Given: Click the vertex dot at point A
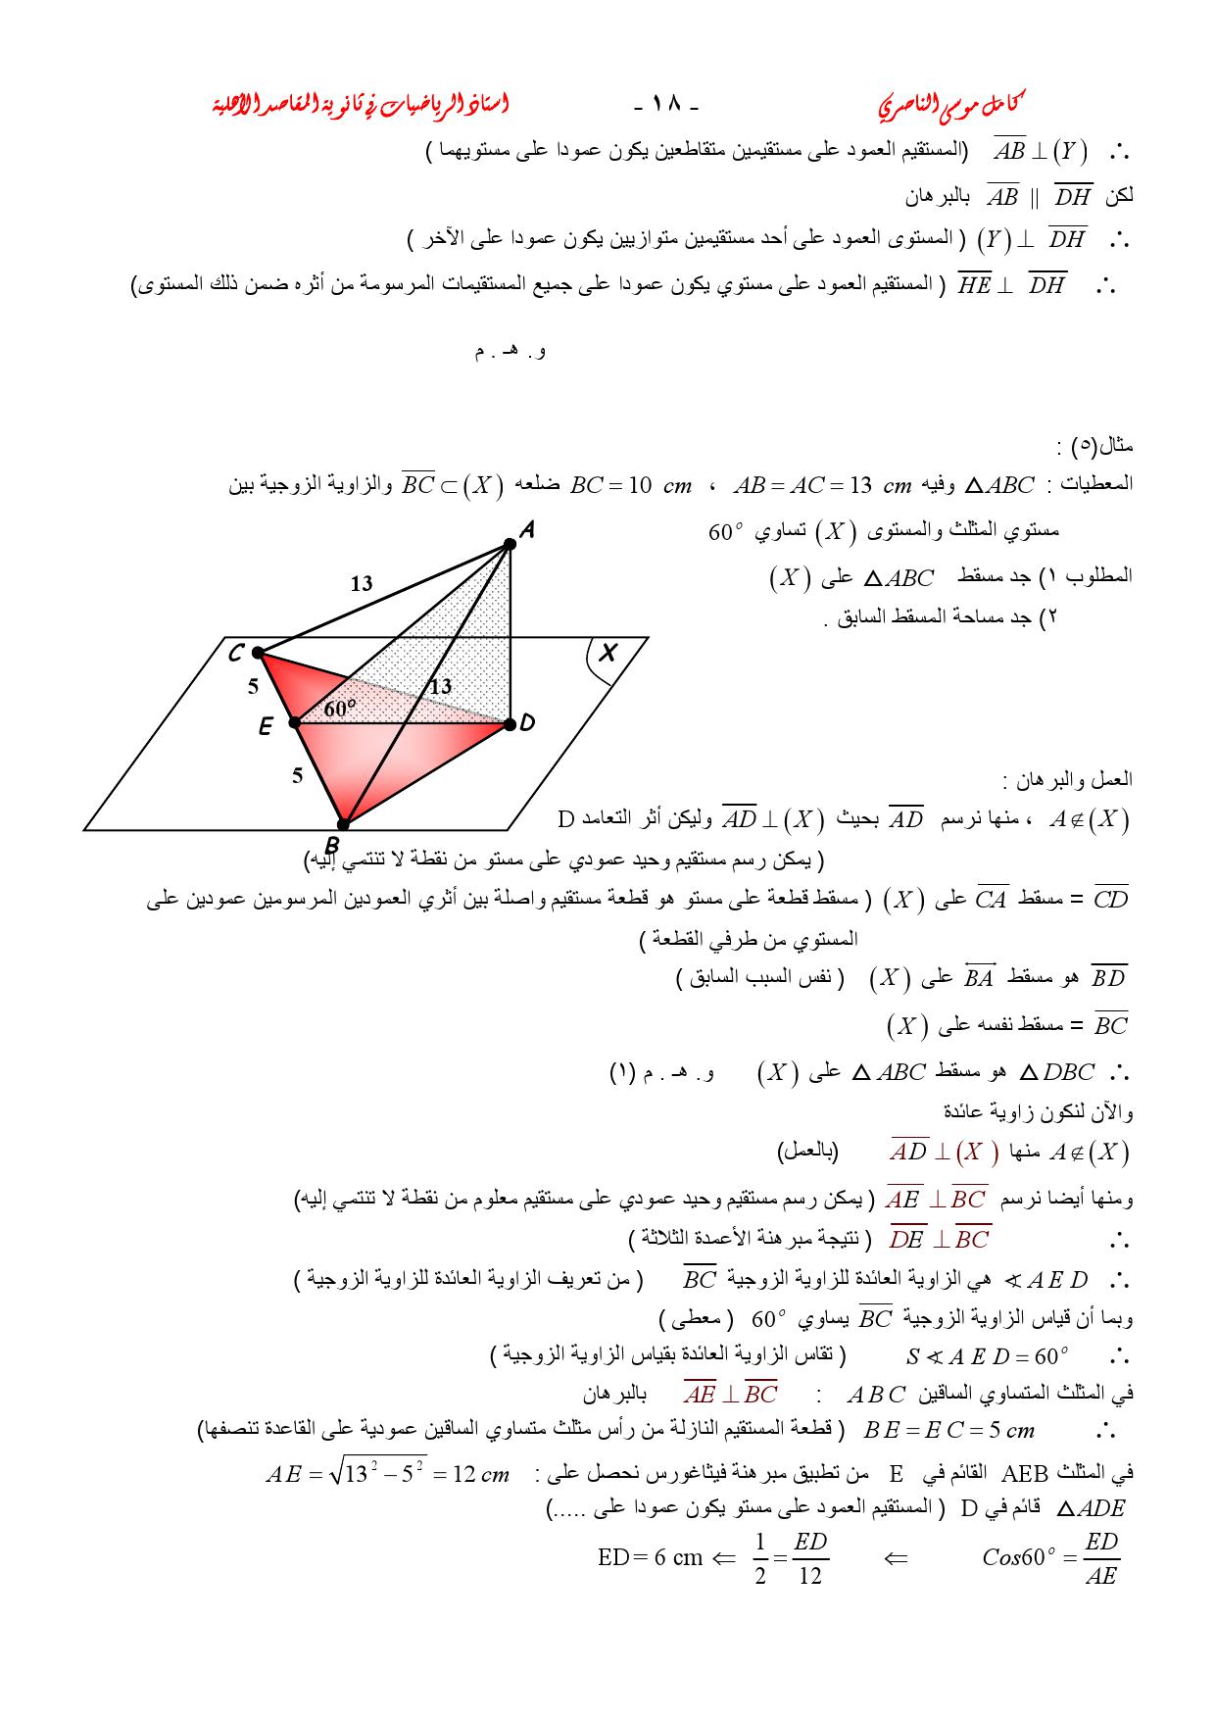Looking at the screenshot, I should point(509,544).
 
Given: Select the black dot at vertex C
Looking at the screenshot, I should point(257,652).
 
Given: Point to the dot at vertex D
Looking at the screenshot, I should point(510,724).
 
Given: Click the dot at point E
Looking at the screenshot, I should point(294,723).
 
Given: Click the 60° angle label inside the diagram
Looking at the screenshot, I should point(340,708).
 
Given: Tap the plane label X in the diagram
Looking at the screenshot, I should point(608,652).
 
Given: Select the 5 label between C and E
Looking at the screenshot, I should point(253,687).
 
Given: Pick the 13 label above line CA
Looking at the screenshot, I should point(362,584).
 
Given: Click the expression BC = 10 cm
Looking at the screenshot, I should point(631,485).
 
